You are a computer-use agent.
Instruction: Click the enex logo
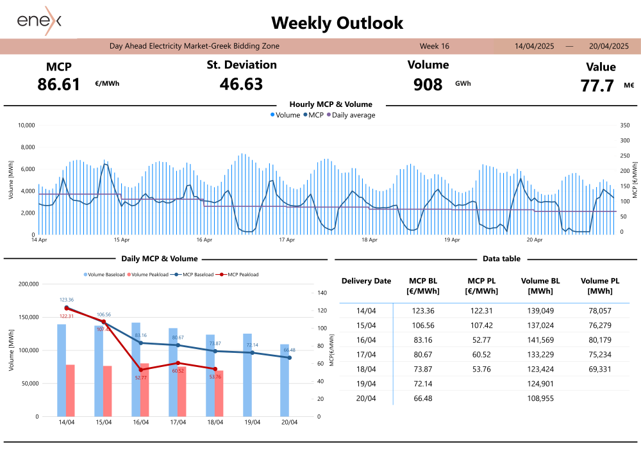tap(39, 20)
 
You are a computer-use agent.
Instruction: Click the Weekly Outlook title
tap(337, 23)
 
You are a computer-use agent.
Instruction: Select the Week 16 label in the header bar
tap(434, 46)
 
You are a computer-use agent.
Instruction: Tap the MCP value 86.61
tap(59, 85)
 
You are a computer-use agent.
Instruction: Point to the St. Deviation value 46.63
tap(241, 84)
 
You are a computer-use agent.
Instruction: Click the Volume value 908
tap(428, 85)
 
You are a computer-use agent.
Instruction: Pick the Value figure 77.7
tap(597, 86)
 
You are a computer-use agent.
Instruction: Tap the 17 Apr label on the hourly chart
tap(287, 240)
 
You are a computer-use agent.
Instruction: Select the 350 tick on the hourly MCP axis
tap(626, 126)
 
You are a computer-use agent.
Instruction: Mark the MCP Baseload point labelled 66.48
tap(290, 357)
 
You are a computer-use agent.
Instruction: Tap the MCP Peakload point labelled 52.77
tap(141, 370)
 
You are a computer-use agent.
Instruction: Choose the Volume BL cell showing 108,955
tap(541, 398)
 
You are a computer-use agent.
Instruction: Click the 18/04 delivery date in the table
tap(366, 368)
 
